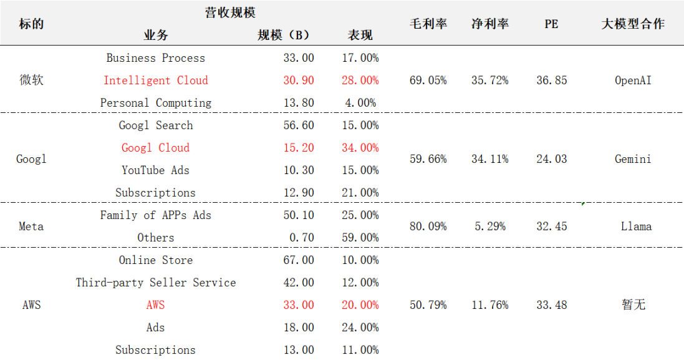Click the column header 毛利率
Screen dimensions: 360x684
click(x=428, y=24)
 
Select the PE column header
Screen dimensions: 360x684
click(x=551, y=24)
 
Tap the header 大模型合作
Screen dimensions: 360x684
click(x=633, y=24)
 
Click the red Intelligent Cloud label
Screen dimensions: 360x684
click(x=156, y=80)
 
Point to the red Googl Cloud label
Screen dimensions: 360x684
click(x=156, y=148)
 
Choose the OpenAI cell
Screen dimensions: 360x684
click(x=633, y=80)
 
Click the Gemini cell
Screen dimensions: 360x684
click(x=633, y=159)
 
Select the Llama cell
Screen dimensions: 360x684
click(x=636, y=226)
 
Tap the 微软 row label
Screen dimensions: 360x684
click(x=31, y=80)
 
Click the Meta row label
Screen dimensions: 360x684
click(x=31, y=226)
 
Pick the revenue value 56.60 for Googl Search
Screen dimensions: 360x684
click(x=299, y=125)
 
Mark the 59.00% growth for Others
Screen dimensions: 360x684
click(x=360, y=238)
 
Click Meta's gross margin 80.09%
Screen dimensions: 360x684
click(x=428, y=226)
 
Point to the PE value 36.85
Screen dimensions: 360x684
click(x=551, y=80)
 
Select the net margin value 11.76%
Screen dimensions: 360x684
click(x=489, y=305)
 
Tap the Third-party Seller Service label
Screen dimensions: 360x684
click(x=156, y=283)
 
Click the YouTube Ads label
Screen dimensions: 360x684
click(x=156, y=170)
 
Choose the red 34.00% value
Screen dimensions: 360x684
click(x=360, y=148)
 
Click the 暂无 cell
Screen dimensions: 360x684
click(x=633, y=305)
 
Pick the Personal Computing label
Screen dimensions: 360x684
click(x=156, y=103)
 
